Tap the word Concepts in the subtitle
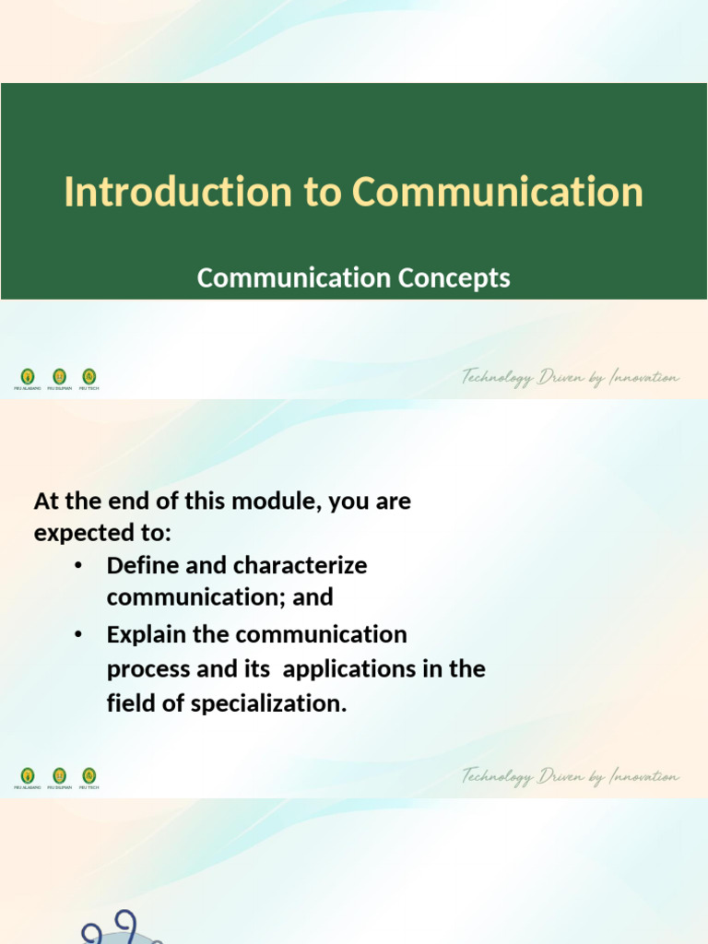coord(454,277)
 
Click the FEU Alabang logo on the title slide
coord(28,377)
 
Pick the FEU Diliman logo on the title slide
coord(59,377)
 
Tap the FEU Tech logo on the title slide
coord(88,377)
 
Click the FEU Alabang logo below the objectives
coord(28,776)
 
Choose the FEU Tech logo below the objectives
coord(88,776)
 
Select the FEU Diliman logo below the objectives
coord(59,776)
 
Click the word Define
coord(143,565)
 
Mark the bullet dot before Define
coord(79,565)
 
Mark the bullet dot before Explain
coord(79,634)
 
